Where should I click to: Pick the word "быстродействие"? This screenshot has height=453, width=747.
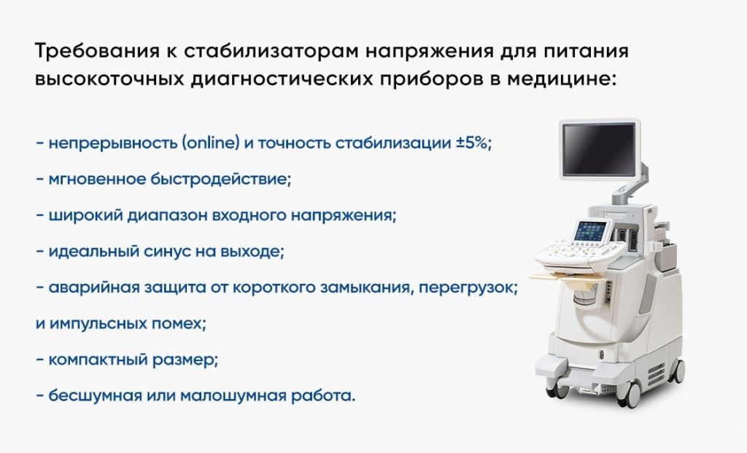[x=220, y=179]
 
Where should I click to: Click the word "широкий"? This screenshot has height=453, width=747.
[x=85, y=216]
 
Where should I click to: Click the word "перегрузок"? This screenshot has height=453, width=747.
[x=468, y=288]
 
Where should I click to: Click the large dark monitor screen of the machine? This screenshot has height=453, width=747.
[x=599, y=150]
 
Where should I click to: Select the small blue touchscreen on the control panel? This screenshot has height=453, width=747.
[x=591, y=231]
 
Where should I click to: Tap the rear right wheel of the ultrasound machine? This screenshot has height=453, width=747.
[x=678, y=371]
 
